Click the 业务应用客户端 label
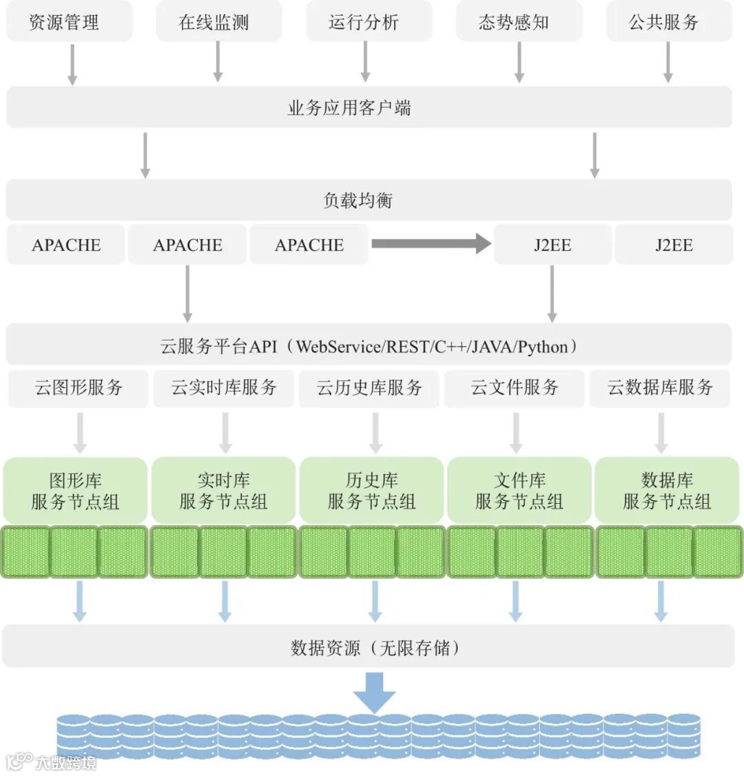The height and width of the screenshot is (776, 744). [349, 108]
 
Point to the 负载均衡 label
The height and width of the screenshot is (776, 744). [358, 201]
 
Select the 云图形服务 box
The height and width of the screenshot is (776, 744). [79, 387]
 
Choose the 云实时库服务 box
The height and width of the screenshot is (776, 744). [224, 387]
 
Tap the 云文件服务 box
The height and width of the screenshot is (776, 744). [515, 387]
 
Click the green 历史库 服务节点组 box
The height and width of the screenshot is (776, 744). [371, 491]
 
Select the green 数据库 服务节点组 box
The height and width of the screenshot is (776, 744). [667, 491]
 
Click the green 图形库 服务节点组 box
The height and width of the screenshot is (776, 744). [75, 491]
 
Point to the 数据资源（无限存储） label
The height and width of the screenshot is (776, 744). [375, 648]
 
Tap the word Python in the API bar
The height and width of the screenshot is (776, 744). [542, 346]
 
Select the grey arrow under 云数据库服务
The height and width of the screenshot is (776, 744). [661, 432]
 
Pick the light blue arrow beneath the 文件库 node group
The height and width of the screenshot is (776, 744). [515, 601]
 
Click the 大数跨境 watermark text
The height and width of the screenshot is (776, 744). [66, 762]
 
